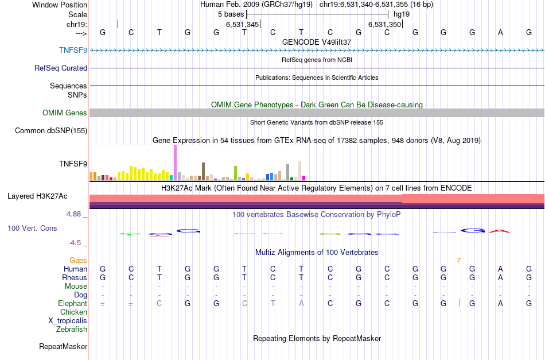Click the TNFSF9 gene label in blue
(x=73, y=50)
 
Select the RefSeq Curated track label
(x=61, y=68)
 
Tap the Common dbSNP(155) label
(x=51, y=131)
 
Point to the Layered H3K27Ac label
(x=37, y=196)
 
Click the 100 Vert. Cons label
(x=32, y=229)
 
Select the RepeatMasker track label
(x=63, y=347)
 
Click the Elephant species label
(x=72, y=303)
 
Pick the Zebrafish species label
(x=72, y=330)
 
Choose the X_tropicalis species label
(x=68, y=321)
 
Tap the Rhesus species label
(x=75, y=277)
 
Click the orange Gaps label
(x=78, y=260)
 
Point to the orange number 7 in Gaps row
(x=458, y=261)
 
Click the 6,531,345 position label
(x=243, y=24)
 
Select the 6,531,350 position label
(x=384, y=24)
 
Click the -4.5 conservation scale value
(x=77, y=243)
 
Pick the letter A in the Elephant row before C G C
(x=301, y=304)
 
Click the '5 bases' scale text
(x=231, y=13)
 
